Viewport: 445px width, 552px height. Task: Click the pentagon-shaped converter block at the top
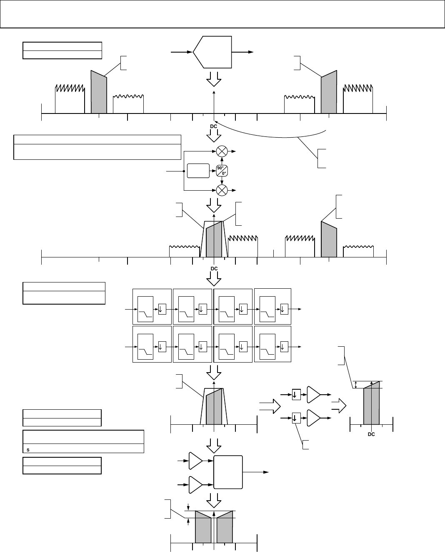pyautogui.click(x=212, y=52)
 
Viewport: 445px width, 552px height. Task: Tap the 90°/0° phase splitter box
pyautogui.click(x=222, y=171)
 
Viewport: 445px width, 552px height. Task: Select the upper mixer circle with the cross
pyautogui.click(x=222, y=151)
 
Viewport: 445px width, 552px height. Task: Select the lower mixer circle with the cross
pyautogui.click(x=222, y=190)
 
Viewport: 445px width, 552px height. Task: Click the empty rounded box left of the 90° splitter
pyautogui.click(x=198, y=171)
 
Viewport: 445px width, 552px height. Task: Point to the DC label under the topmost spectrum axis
pyautogui.click(x=214, y=126)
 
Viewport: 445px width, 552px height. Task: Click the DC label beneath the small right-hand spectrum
pyautogui.click(x=371, y=434)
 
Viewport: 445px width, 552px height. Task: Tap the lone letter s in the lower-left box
pyautogui.click(x=28, y=450)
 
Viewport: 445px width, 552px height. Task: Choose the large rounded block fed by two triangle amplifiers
pyautogui.click(x=228, y=472)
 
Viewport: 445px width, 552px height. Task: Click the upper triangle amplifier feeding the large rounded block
pyautogui.click(x=195, y=461)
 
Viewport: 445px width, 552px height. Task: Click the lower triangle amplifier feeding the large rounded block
pyautogui.click(x=195, y=485)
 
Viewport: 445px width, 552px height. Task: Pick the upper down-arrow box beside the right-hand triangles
pyautogui.click(x=297, y=394)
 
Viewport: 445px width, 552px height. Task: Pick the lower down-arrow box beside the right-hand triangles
pyautogui.click(x=297, y=418)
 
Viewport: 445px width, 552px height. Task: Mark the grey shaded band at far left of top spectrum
pyautogui.click(x=99, y=92)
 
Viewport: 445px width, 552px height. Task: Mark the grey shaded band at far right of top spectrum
pyautogui.click(x=329, y=92)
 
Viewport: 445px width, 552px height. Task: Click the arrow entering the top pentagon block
pyautogui.click(x=182, y=52)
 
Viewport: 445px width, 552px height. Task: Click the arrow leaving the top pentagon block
pyautogui.click(x=242, y=52)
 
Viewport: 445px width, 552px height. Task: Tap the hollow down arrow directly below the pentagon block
pyautogui.click(x=214, y=79)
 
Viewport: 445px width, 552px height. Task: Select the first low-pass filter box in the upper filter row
pyautogui.click(x=145, y=309)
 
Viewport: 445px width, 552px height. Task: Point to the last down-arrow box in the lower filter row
pyautogui.click(x=284, y=347)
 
